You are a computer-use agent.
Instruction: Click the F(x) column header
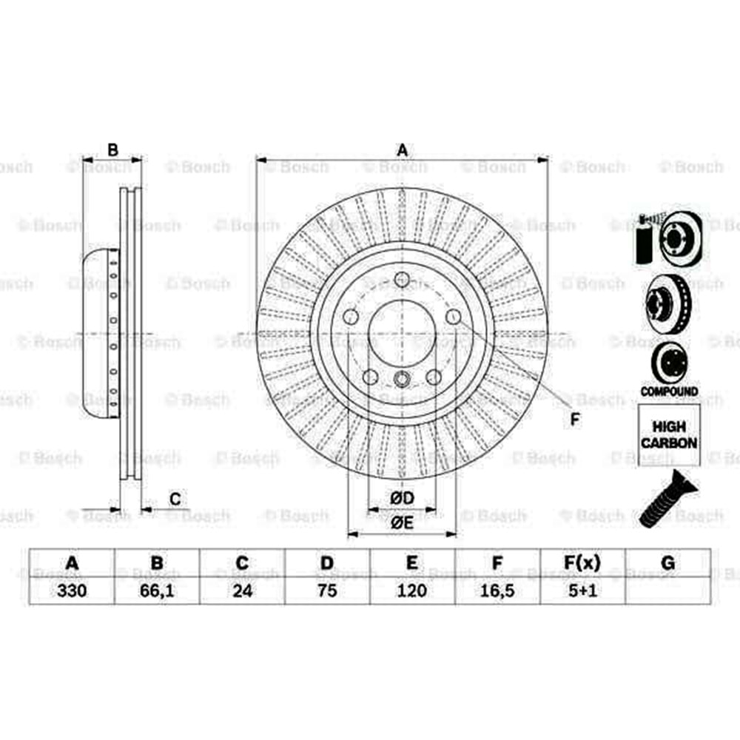582,564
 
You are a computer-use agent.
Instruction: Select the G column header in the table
667,564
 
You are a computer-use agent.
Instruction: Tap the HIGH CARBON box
668,435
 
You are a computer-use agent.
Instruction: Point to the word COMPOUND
669,391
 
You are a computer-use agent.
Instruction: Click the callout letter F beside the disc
576,420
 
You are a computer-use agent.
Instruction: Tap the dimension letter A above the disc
402,150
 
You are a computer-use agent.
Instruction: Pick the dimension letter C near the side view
175,499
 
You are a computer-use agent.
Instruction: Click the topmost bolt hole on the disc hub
402,280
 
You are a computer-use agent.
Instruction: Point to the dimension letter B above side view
112,150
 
